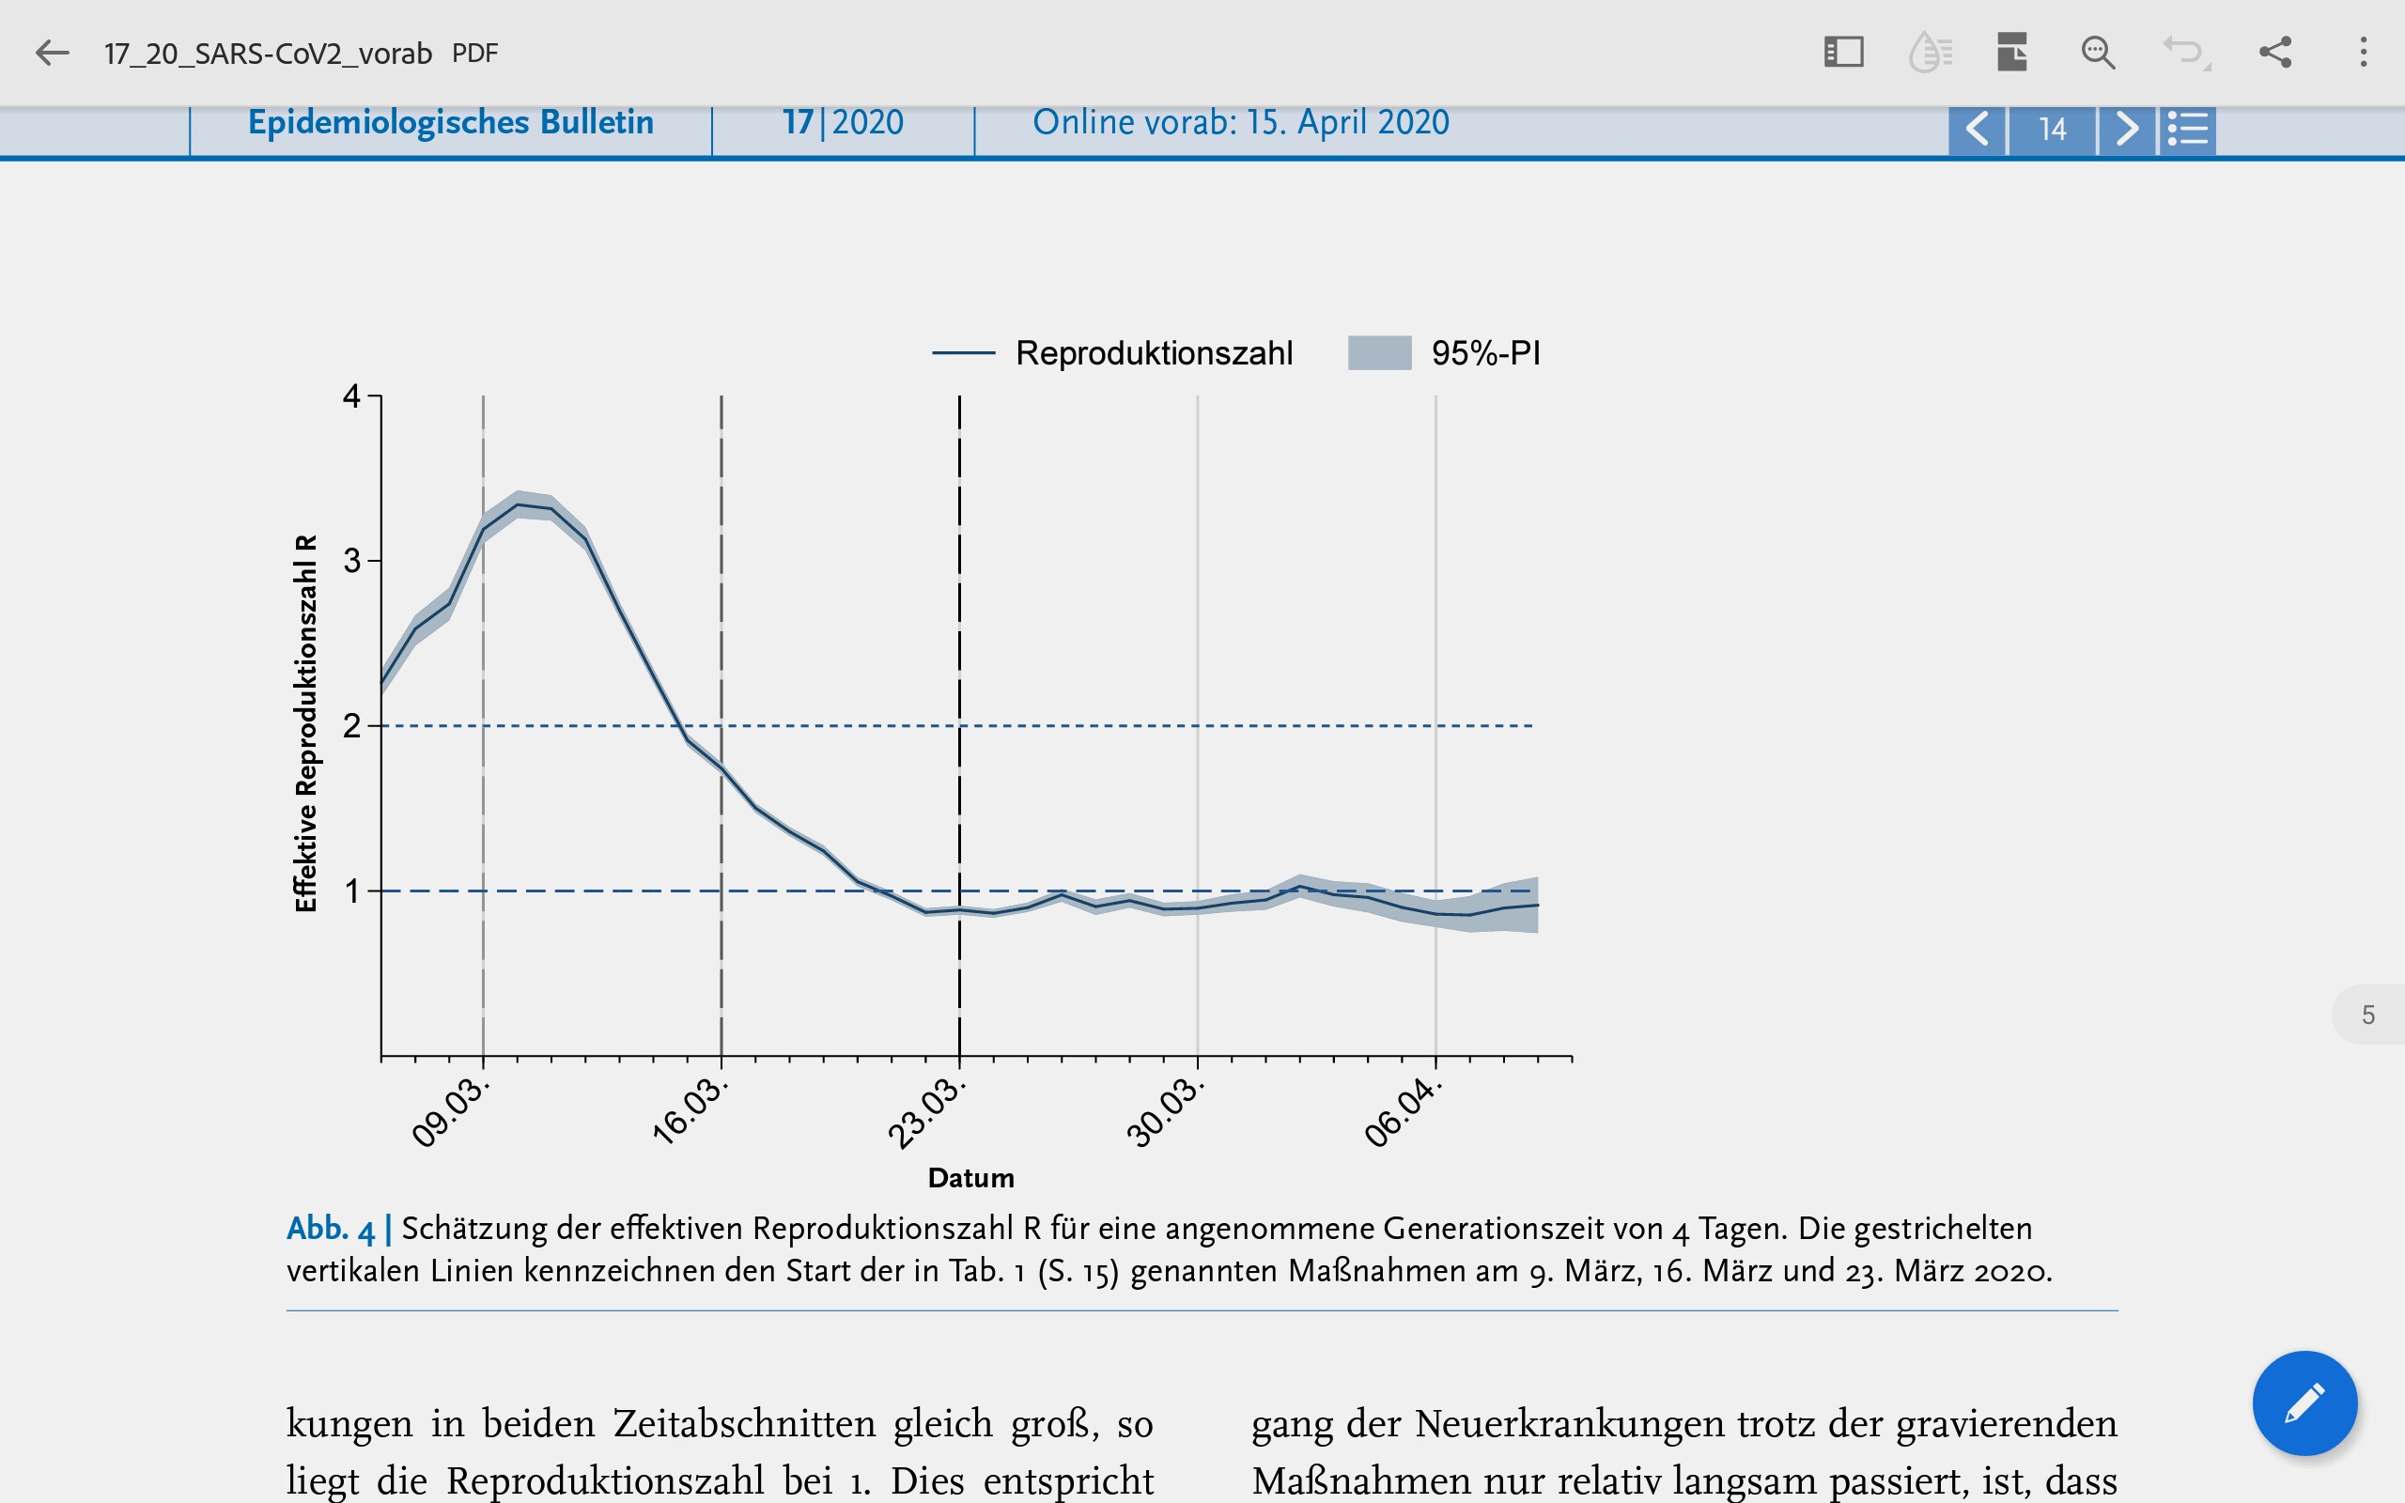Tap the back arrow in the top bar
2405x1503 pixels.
[x=52, y=53]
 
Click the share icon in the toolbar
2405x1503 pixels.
[x=2274, y=53]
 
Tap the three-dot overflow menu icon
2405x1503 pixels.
[x=2364, y=53]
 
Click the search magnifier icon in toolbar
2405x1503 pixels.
[x=2097, y=53]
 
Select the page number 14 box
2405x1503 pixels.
[x=2052, y=130]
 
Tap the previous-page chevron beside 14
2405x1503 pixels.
[x=1978, y=130]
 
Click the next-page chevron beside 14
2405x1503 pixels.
[x=2127, y=130]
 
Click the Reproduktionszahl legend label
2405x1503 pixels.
[x=1154, y=353]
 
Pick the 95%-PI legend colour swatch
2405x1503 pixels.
[x=1379, y=353]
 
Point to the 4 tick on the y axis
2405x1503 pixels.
[x=351, y=396]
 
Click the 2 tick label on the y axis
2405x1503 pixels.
[x=351, y=725]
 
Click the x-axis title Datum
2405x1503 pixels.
[x=971, y=1178]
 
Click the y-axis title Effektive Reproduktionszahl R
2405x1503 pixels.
[x=306, y=723]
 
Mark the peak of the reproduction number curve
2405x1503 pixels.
[x=518, y=505]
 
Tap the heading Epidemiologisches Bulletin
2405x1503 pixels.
[x=451, y=122]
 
